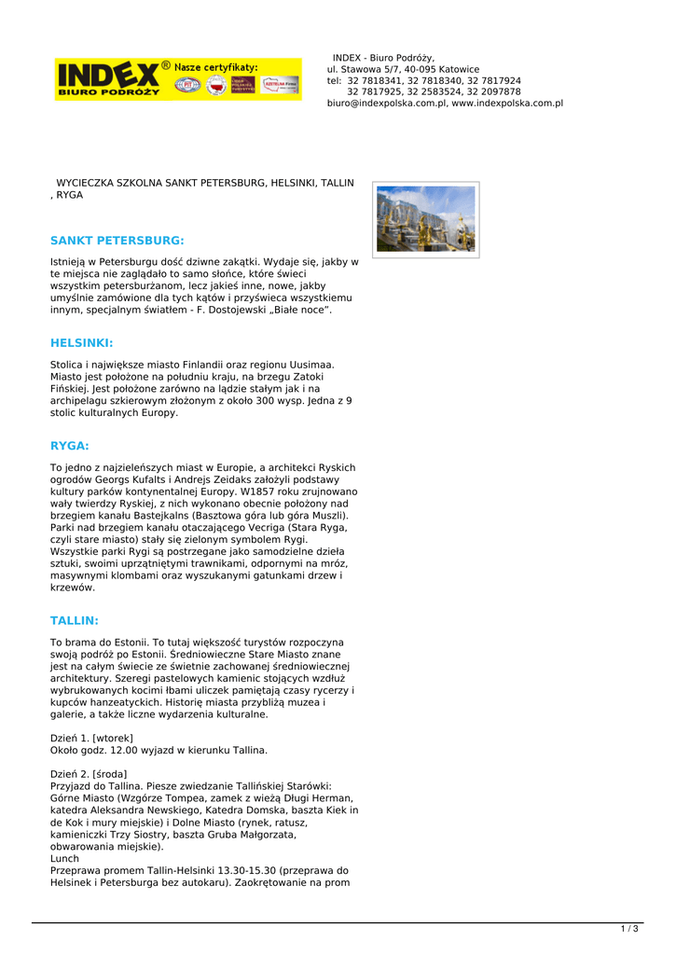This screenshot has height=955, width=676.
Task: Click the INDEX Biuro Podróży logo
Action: point(107,78)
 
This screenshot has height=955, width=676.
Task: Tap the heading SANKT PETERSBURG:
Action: point(117,241)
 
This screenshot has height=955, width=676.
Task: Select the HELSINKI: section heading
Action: point(82,343)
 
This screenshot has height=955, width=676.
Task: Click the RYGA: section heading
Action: point(70,446)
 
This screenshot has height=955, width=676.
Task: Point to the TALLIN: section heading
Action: point(75,620)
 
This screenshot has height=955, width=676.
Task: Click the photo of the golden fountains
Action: point(426,219)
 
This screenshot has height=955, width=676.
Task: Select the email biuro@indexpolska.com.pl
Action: point(387,104)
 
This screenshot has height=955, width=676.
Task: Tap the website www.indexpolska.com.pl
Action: point(507,104)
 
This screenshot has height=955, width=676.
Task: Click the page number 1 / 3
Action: point(629,929)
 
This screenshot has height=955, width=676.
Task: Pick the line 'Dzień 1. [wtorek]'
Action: point(91,738)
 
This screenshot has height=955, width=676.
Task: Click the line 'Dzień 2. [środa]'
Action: point(89,774)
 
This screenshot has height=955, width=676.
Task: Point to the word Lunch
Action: point(64,858)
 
